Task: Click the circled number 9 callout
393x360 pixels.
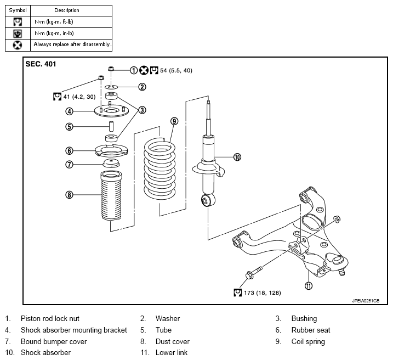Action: (x=174, y=121)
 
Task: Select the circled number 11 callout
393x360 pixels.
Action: (x=309, y=286)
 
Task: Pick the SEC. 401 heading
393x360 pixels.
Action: (x=41, y=64)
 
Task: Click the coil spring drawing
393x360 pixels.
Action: (x=160, y=168)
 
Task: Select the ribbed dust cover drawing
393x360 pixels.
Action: (x=111, y=195)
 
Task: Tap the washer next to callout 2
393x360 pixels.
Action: (x=111, y=87)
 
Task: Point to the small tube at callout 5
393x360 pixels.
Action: (x=111, y=126)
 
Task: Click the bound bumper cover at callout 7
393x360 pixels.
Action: (x=111, y=164)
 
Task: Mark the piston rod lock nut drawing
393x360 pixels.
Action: (x=111, y=68)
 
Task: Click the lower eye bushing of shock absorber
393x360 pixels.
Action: (x=208, y=200)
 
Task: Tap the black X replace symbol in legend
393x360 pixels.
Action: (x=18, y=45)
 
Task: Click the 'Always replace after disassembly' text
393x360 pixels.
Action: (x=72, y=44)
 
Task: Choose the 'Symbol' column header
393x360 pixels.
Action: (x=18, y=10)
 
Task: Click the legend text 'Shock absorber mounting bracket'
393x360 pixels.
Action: (x=74, y=330)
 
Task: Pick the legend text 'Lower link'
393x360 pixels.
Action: (x=172, y=352)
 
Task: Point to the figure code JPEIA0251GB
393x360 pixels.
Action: (x=366, y=301)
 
